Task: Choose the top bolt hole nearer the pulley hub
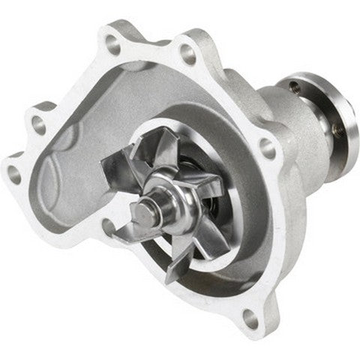[188, 54]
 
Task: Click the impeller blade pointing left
[120, 169]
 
